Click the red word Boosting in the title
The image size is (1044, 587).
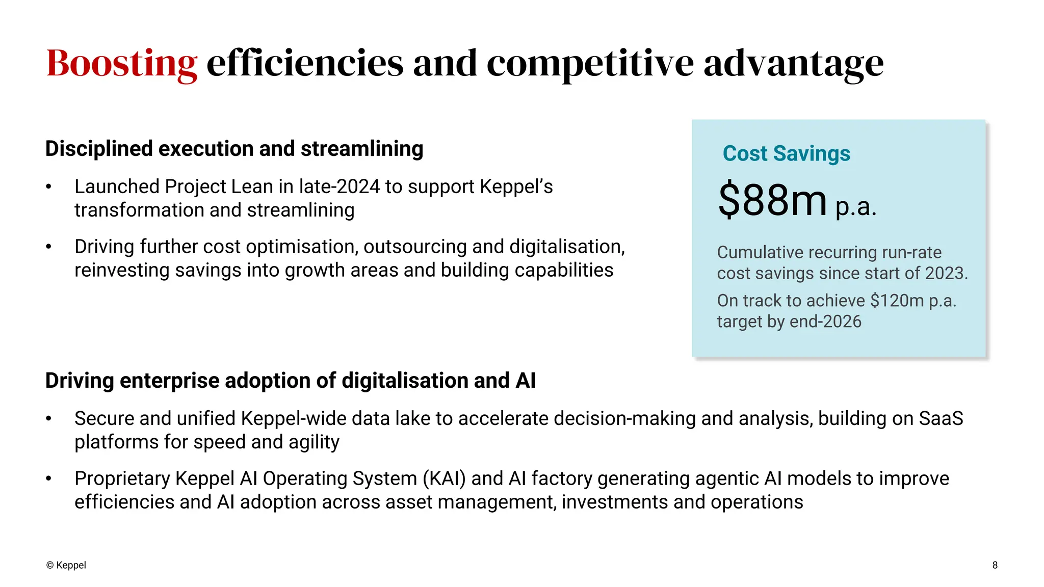(121, 63)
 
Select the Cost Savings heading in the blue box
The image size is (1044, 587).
(786, 153)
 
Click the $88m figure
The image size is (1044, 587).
(772, 200)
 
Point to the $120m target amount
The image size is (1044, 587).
(897, 301)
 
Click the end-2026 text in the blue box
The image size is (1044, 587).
(825, 322)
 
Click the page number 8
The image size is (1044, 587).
(995, 565)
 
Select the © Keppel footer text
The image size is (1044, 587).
(66, 565)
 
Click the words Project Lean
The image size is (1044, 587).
(219, 187)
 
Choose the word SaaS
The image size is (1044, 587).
(941, 418)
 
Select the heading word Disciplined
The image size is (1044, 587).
(99, 149)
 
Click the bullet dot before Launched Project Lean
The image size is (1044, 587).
(48, 187)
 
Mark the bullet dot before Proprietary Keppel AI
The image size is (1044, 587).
(48, 478)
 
